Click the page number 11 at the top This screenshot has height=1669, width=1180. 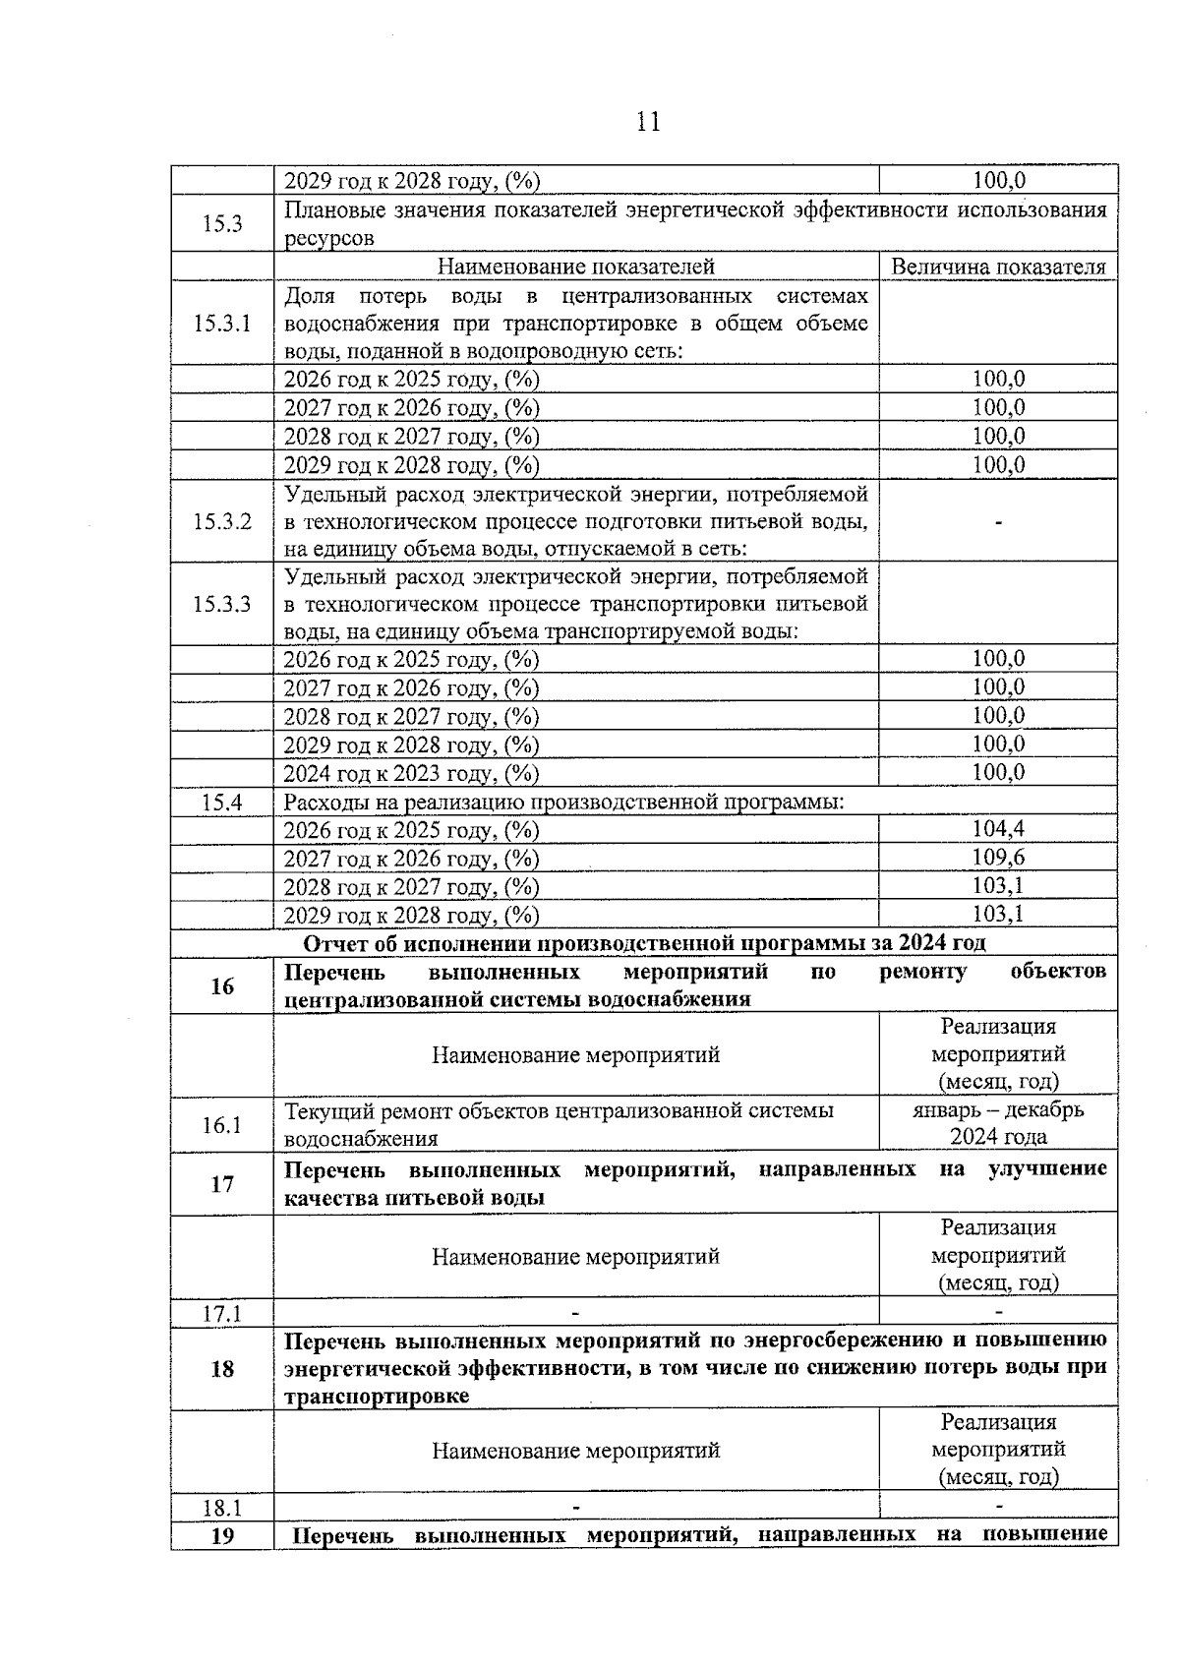coord(648,122)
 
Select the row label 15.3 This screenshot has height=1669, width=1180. coord(222,224)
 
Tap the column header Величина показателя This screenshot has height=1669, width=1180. coord(998,267)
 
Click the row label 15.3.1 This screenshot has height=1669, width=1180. coord(222,324)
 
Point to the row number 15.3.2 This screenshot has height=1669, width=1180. coord(222,521)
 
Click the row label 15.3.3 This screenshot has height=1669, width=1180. coord(222,604)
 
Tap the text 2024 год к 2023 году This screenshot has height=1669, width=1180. coord(411,774)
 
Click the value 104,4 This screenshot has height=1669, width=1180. coord(998,829)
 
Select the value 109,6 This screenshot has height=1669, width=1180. coord(998,858)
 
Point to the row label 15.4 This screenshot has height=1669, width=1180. coord(222,803)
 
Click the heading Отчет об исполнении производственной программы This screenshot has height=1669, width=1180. coord(644,943)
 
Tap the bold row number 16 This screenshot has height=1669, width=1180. coord(222,986)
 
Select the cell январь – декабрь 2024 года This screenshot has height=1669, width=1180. coord(998,1123)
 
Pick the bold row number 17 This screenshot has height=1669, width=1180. coord(222,1184)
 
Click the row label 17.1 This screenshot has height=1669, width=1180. coord(222,1313)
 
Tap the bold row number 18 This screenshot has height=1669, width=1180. coord(222,1368)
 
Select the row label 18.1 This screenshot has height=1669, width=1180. coord(222,1508)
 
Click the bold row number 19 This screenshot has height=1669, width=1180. coord(222,1536)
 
